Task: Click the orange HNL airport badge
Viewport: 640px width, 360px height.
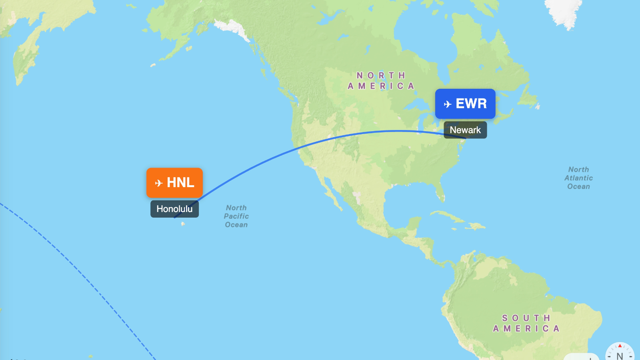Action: (x=174, y=183)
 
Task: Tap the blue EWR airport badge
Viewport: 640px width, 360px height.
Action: (x=465, y=104)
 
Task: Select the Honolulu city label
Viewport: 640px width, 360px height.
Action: (x=174, y=209)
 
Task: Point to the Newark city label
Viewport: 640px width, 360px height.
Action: (x=465, y=130)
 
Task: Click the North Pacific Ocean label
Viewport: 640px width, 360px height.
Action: (x=236, y=216)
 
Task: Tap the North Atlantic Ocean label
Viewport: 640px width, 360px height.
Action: (x=578, y=178)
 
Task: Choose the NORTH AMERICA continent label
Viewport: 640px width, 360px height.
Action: (x=381, y=80)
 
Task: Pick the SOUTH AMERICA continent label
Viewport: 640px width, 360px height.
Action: (x=526, y=323)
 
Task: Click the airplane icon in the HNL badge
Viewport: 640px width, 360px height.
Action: (x=159, y=183)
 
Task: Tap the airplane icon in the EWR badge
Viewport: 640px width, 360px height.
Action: (x=448, y=104)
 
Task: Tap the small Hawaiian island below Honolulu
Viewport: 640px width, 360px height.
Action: (x=183, y=224)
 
